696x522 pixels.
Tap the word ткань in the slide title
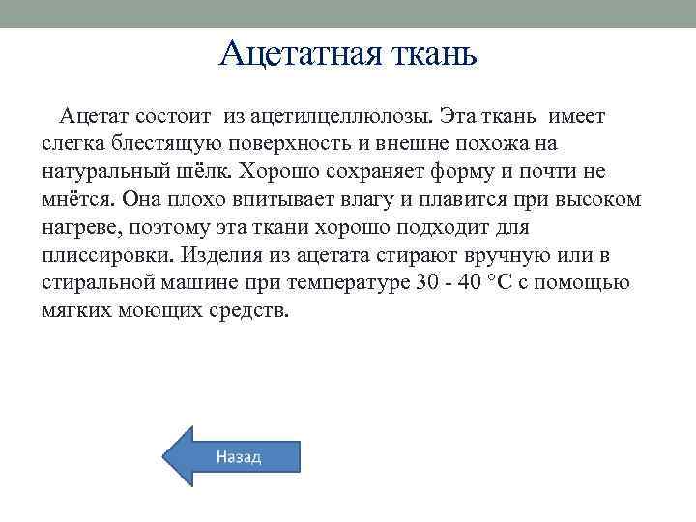point(430,52)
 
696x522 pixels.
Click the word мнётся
point(78,199)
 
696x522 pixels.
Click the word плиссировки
point(107,255)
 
